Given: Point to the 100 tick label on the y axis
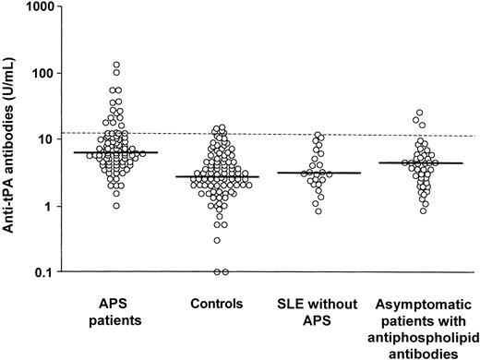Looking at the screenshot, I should click(42, 73).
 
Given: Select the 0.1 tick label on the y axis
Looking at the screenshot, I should click(42, 271).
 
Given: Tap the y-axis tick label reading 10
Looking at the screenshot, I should click(46, 139).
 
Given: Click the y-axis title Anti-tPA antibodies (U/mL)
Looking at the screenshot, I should click(11, 138).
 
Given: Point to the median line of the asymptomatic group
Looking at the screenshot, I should click(406, 163).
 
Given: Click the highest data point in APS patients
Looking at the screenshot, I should click(116, 66).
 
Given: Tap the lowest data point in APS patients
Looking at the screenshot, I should click(116, 205).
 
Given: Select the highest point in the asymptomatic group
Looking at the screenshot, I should click(418, 113).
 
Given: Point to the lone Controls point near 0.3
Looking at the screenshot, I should click(218, 240).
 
